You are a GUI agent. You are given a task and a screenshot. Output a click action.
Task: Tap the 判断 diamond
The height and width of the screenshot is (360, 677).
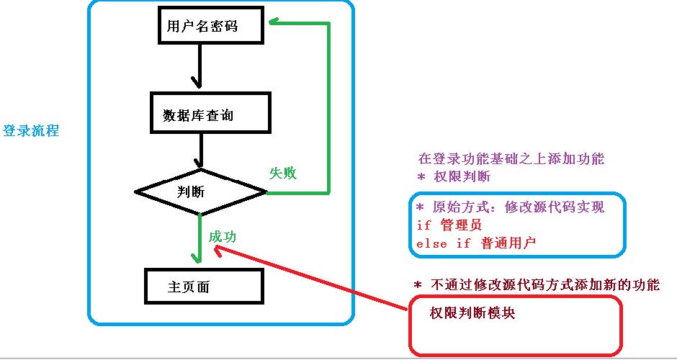pos(201,192)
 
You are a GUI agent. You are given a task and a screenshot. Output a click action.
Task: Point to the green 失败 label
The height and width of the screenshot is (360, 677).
pos(283,174)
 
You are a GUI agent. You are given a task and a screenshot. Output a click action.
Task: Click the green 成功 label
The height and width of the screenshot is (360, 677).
pos(223,237)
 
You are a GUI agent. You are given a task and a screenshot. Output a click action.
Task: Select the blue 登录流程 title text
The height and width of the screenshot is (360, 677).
pos(30,131)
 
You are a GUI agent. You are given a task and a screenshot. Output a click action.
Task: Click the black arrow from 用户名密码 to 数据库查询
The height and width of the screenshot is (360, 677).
pos(195,71)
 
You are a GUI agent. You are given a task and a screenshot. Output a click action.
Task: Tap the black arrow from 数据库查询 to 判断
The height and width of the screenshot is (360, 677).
pos(199,152)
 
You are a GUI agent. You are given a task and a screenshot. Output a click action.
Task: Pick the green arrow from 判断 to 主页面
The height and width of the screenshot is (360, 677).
pos(199,238)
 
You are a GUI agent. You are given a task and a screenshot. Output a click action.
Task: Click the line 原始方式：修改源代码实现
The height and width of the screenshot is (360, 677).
pos(510,207)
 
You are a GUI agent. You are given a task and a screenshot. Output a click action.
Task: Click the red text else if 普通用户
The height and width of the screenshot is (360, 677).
pos(476,243)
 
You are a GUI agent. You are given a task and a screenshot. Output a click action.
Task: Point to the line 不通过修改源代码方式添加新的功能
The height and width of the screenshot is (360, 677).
pos(536,284)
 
